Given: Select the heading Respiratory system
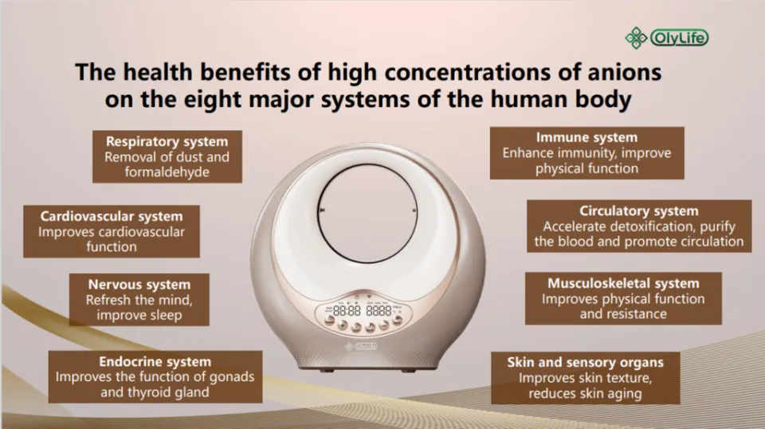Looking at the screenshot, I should click(x=167, y=141).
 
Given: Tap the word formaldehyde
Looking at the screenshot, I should click(x=167, y=172).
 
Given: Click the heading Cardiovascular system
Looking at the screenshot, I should click(x=112, y=216).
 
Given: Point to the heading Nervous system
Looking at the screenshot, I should click(x=139, y=285).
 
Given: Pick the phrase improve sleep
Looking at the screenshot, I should click(x=139, y=315).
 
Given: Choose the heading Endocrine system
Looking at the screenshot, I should click(x=155, y=361).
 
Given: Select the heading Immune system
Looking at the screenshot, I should click(x=586, y=137).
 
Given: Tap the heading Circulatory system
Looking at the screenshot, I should click(x=639, y=211).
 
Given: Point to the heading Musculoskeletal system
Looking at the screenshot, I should click(x=623, y=283).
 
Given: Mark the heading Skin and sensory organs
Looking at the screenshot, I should click(x=586, y=362).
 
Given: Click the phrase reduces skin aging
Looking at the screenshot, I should click(x=586, y=393).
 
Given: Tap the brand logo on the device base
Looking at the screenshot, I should click(x=363, y=345).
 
